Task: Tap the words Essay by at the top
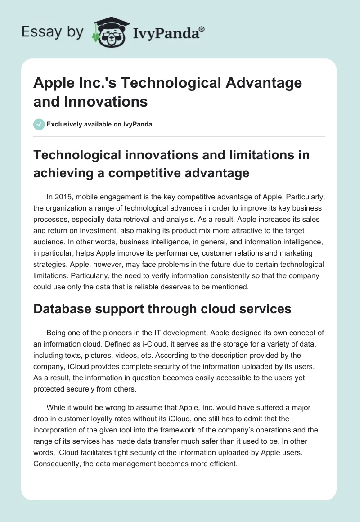click(52, 32)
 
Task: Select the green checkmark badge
click(39, 124)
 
